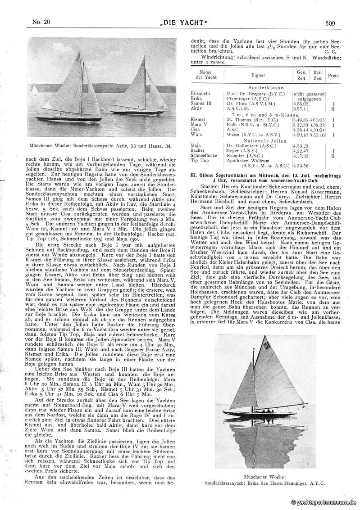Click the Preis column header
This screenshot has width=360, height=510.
[x=333, y=75]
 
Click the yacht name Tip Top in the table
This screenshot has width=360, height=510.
[x=199, y=161]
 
